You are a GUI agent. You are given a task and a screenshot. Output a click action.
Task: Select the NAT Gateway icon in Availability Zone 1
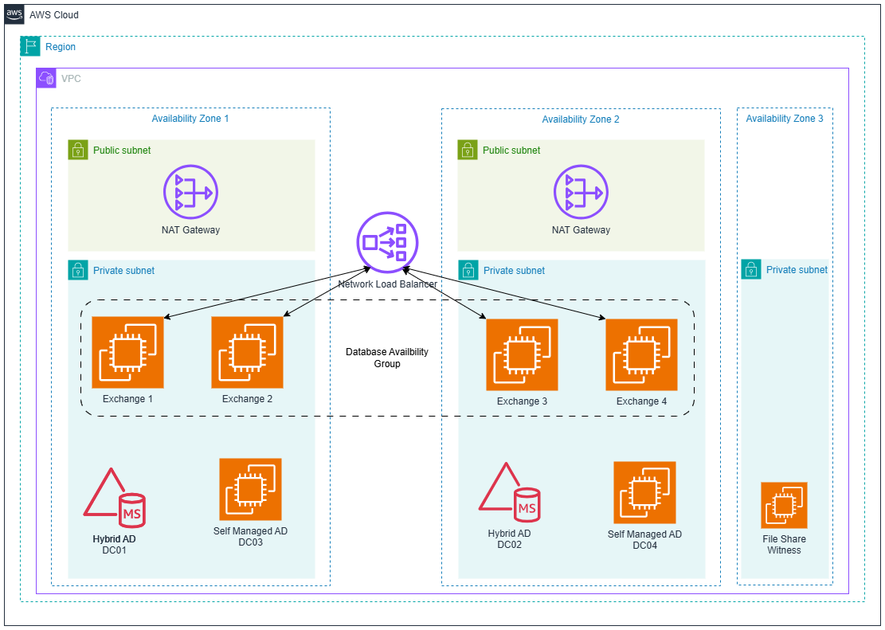tap(190, 192)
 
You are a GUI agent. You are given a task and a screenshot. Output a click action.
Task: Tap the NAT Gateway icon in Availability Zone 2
tap(581, 192)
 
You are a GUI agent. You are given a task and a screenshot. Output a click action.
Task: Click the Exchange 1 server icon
tap(127, 352)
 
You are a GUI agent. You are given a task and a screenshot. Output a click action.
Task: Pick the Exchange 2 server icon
tap(247, 352)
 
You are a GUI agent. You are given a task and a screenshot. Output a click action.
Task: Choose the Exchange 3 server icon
tap(522, 354)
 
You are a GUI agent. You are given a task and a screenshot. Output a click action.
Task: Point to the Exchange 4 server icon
tap(641, 354)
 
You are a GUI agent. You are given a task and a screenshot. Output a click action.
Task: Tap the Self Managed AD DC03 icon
tap(250, 489)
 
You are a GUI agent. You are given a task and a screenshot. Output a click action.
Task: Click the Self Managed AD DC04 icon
tap(644, 492)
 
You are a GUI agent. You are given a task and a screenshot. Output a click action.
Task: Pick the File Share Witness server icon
tap(784, 505)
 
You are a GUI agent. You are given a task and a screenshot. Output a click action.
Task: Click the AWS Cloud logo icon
tap(14, 14)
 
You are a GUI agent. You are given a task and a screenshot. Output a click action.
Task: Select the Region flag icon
tap(30, 46)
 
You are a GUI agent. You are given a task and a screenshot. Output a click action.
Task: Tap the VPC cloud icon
tap(46, 78)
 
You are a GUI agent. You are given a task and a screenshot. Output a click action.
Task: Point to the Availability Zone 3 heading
tap(784, 119)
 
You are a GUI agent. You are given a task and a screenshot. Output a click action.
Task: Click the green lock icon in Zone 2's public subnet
tap(468, 150)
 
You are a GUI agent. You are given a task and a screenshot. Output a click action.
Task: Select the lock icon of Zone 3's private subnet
tap(751, 270)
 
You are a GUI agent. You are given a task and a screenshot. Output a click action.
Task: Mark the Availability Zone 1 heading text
tap(190, 119)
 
